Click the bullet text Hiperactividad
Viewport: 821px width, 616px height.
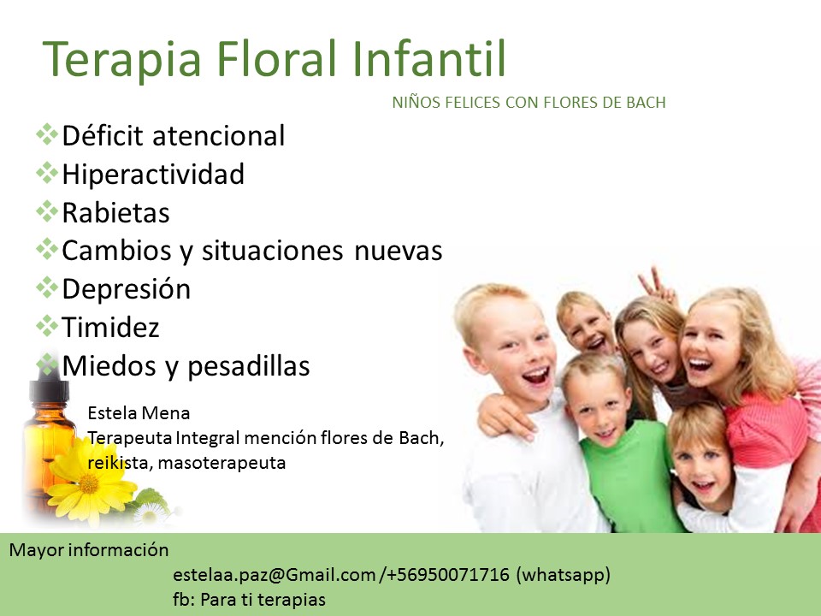[x=153, y=174]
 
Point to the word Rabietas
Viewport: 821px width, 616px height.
[x=115, y=213]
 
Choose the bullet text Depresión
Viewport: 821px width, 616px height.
[x=127, y=289]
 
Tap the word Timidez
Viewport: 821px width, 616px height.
[x=110, y=328]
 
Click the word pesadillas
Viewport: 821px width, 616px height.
[x=249, y=365]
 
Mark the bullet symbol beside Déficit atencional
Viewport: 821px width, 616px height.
[x=47, y=134]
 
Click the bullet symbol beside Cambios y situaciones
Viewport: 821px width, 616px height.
[x=47, y=249]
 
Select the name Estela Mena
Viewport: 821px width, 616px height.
[x=139, y=412]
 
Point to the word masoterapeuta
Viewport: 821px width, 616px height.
[x=221, y=463]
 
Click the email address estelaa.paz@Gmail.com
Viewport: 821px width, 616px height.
[x=275, y=575]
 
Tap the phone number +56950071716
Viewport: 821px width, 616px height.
[x=447, y=575]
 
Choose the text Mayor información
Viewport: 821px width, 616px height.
[x=89, y=549]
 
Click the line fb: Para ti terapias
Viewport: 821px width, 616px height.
[x=249, y=599]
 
